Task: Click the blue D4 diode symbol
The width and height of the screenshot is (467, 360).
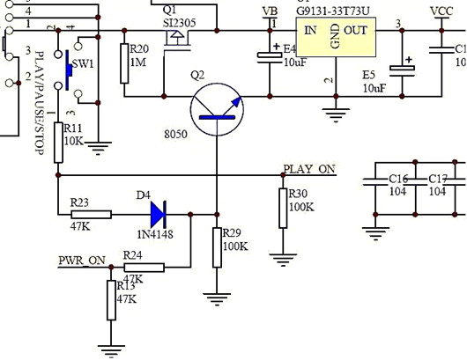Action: point(159,213)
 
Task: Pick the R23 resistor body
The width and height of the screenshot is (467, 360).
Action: point(91,213)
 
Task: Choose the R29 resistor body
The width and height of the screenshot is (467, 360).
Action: point(217,246)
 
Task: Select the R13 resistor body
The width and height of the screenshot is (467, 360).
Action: point(110,300)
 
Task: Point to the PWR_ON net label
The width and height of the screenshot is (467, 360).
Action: point(82,261)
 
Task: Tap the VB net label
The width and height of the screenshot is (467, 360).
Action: point(271,11)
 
